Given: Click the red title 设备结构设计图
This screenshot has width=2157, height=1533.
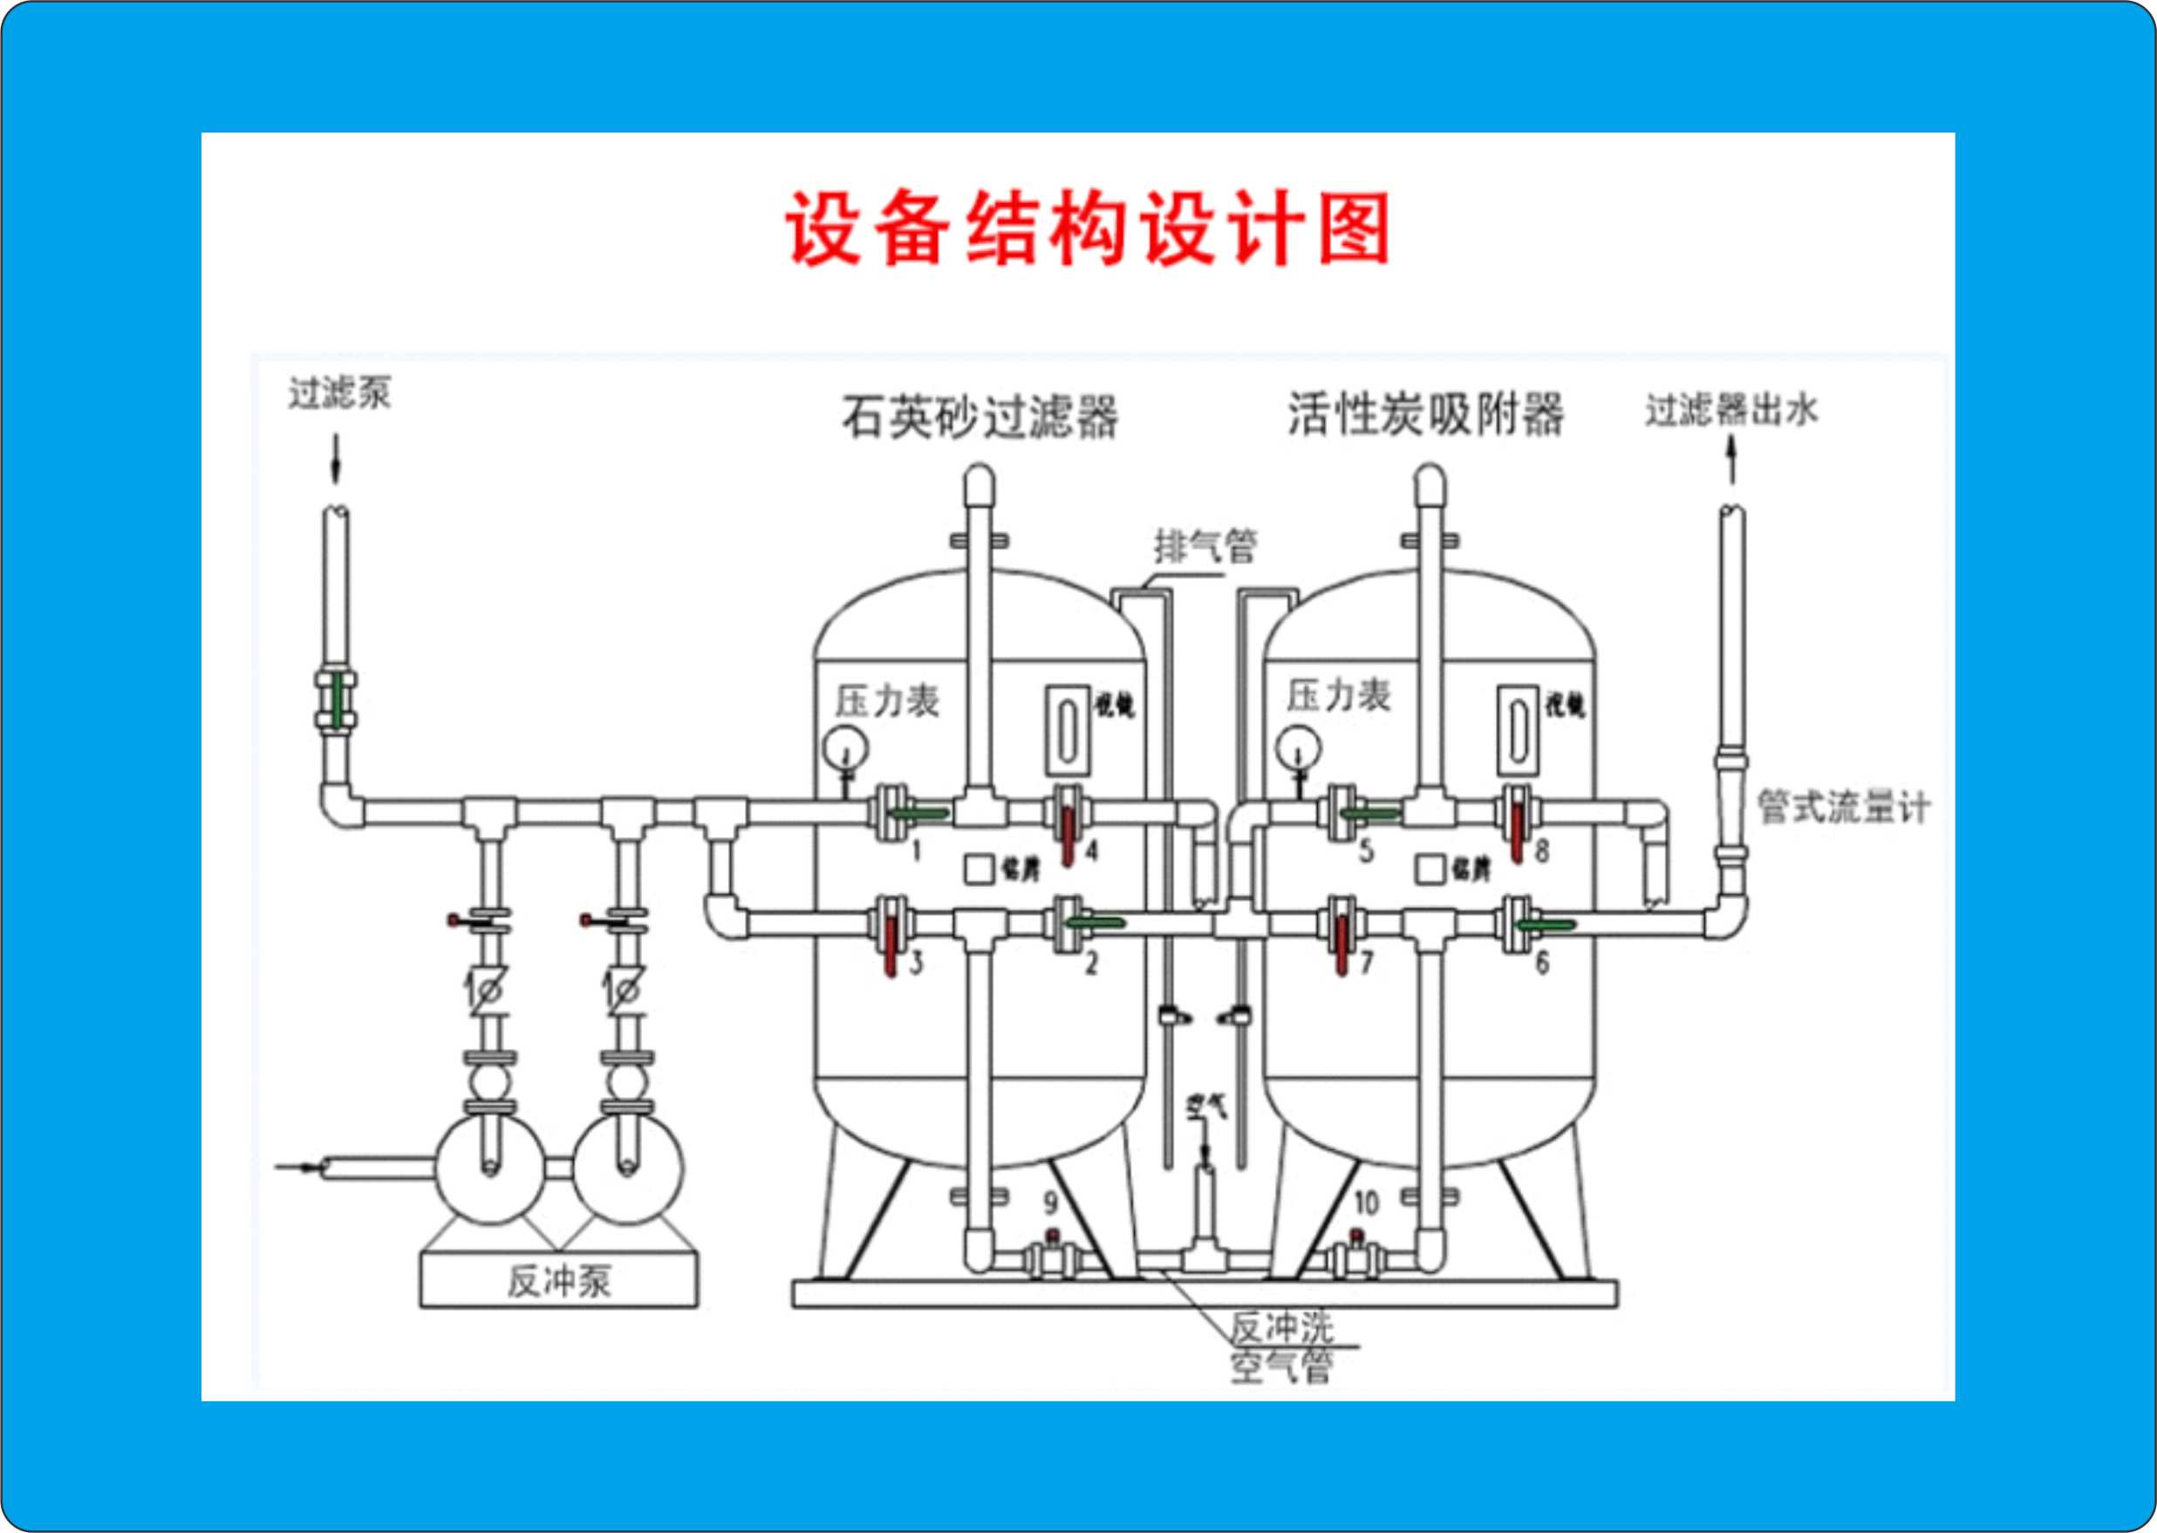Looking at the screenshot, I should [1087, 229].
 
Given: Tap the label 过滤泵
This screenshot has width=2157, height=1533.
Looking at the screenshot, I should [339, 392].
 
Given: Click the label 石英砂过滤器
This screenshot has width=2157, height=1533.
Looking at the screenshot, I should [979, 416].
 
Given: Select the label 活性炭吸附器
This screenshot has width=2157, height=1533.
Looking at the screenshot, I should [1425, 413].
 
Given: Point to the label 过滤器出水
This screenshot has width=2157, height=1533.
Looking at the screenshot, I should [1730, 411].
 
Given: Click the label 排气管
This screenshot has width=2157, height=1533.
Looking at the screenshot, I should [1205, 546].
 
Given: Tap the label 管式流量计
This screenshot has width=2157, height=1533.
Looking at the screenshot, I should [1842, 807].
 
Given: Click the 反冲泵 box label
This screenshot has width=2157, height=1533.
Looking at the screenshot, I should [559, 1281].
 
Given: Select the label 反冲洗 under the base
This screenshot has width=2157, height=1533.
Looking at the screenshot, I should [1280, 1327].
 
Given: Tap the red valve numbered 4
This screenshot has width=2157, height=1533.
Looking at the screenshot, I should [1068, 828].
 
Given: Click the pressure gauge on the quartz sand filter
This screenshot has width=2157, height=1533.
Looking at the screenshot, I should [845, 748].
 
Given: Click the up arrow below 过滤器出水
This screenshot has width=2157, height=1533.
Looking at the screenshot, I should [1731, 462].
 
